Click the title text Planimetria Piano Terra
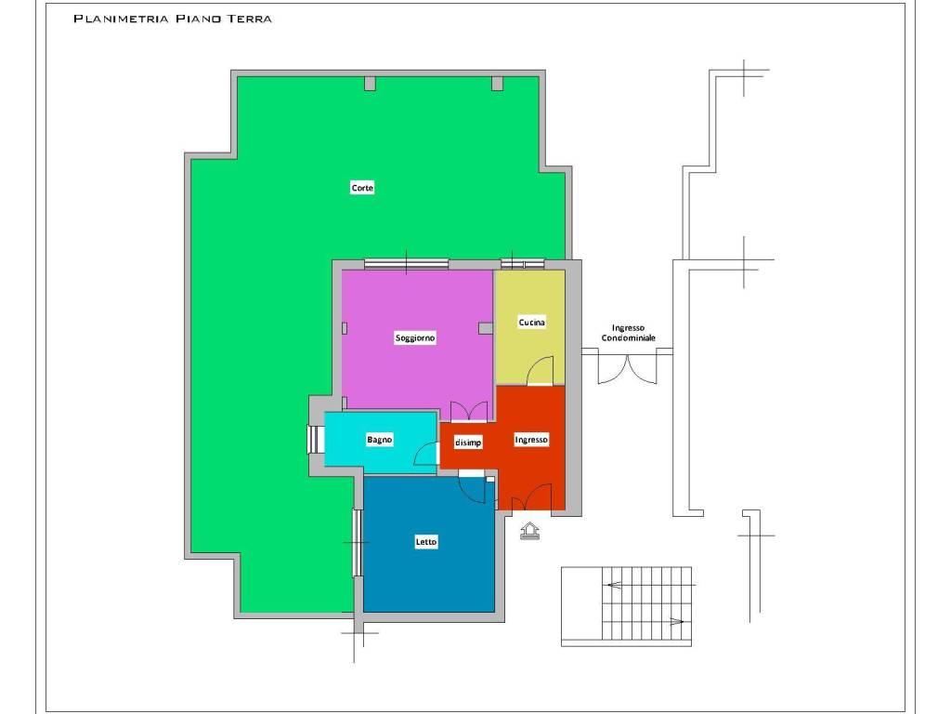pyautogui.click(x=173, y=19)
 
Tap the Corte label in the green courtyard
pyautogui.click(x=362, y=188)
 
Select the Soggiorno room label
pyautogui.click(x=415, y=337)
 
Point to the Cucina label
pyautogui.click(x=531, y=322)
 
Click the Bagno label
pyautogui.click(x=379, y=439)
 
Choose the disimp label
pyautogui.click(x=468, y=443)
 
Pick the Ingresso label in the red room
pyautogui.click(x=531, y=439)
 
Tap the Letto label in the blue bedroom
pyautogui.click(x=425, y=542)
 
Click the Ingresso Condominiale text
pyautogui.click(x=628, y=333)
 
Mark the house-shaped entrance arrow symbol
pyautogui.click(x=529, y=530)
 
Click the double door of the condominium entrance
pyautogui.click(x=627, y=369)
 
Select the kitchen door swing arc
pyautogui.click(x=540, y=370)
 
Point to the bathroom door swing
pyautogui.click(x=425, y=454)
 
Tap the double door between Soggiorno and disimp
pyautogui.click(x=469, y=411)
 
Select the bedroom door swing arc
pyautogui.click(x=472, y=487)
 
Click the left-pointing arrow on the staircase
pyautogui.click(x=615, y=586)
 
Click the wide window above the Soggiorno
pyautogui.click(x=407, y=264)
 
